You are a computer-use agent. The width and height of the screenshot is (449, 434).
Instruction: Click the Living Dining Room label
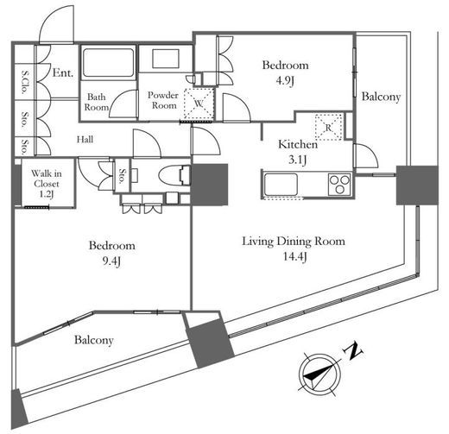point(294,242)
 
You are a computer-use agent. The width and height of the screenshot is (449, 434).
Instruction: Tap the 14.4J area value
point(295,256)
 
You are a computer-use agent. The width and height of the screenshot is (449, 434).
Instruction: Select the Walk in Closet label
point(46,179)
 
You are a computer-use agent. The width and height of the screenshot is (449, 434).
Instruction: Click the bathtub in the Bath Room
point(108,63)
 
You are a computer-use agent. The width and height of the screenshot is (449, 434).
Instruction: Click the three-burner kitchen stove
point(339,185)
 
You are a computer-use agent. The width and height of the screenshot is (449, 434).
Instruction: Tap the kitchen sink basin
point(281,185)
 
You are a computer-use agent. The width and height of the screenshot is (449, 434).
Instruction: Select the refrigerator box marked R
point(329,128)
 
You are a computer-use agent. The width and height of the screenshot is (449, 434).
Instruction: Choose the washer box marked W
point(199,104)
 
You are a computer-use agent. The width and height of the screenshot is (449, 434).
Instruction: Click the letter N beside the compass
point(353,351)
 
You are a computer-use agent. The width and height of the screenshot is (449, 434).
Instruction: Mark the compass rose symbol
point(319,374)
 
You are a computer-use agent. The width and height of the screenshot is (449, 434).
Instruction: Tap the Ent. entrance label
point(63,73)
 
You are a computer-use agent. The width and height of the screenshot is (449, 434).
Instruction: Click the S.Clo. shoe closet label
point(25,82)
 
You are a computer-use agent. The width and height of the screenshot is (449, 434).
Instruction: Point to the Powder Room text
point(163,100)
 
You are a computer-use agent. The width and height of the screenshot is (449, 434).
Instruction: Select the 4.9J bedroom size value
point(285,81)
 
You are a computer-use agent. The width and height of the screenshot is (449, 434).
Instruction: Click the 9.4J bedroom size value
point(111,261)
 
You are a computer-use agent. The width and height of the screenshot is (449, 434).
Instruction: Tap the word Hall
point(85,140)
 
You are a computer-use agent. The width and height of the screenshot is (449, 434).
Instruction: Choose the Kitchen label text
point(298,144)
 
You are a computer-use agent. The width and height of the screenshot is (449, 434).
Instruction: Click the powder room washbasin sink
point(166,59)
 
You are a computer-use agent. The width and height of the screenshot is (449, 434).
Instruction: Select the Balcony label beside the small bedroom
point(381,97)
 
